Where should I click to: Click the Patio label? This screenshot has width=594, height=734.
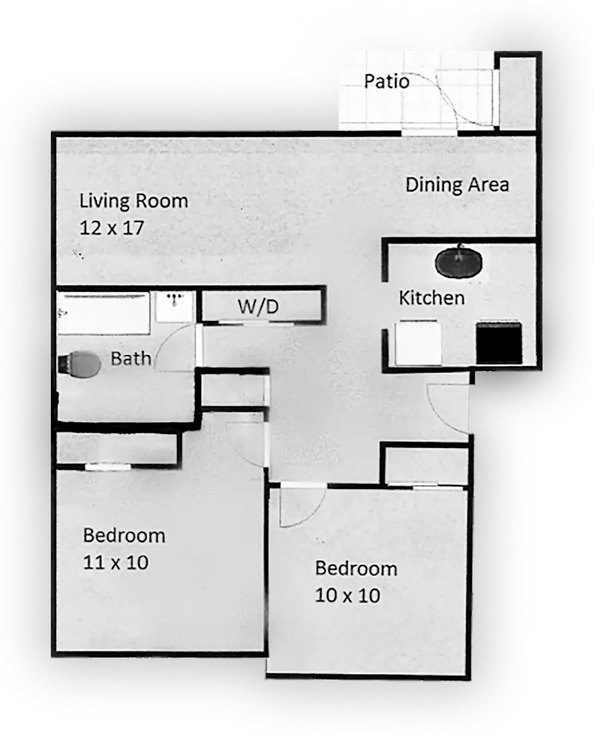[x=386, y=81]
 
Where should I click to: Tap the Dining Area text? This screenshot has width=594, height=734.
[x=457, y=185]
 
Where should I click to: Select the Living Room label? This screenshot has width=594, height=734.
[x=134, y=201]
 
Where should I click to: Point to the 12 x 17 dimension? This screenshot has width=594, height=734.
[x=112, y=228]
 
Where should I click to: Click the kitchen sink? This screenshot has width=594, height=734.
[x=458, y=261]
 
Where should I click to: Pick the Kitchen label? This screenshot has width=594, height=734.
[x=432, y=298]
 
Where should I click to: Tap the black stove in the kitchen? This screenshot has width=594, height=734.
[x=499, y=342]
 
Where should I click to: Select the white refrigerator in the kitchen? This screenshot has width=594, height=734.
[x=418, y=342]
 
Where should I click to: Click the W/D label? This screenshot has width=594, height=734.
[x=258, y=306]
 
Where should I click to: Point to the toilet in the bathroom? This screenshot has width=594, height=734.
[x=80, y=364]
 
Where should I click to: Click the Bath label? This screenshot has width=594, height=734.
[x=131, y=359]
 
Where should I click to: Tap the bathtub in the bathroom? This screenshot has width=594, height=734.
[x=103, y=313]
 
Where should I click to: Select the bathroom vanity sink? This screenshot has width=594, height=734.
[x=174, y=306]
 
